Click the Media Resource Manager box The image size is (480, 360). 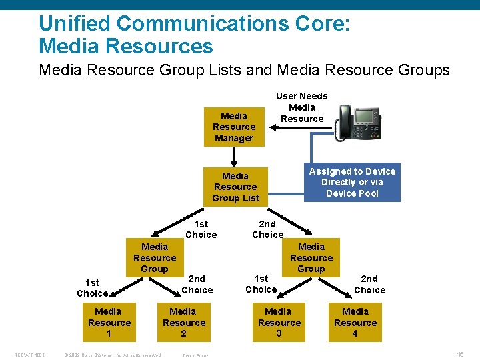[234, 127]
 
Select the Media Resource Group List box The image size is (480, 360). [235, 187]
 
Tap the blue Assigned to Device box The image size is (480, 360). [352, 182]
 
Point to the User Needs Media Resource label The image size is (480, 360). [302, 107]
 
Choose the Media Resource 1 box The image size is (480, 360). [108, 322]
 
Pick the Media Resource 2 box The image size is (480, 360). [183, 322]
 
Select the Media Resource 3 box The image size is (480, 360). [279, 322]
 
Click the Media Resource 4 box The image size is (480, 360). [355, 322]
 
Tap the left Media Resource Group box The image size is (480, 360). [155, 257]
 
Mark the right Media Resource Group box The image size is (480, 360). [311, 257]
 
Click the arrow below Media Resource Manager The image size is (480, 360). [234, 156]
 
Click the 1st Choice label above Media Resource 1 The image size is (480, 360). [92, 288]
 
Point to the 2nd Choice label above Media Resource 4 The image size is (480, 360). [369, 284]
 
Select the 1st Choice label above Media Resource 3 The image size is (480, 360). [261, 284]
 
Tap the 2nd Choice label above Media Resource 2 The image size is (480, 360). [197, 284]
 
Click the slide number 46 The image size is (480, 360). [459, 355]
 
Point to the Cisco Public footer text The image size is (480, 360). [195, 355]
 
